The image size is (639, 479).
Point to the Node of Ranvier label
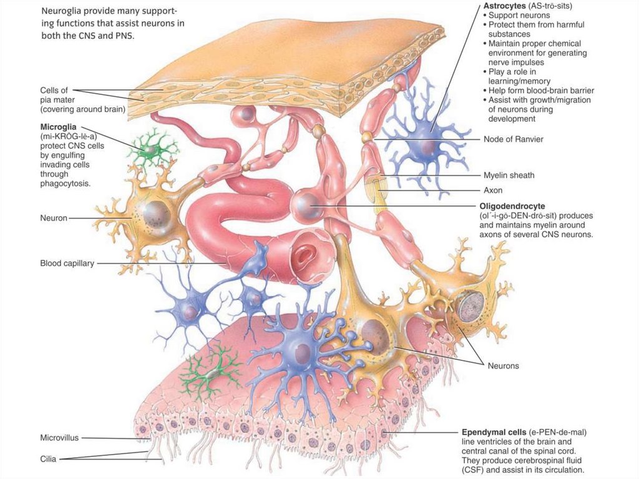pyautogui.click(x=513, y=139)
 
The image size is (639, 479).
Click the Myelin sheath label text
pyautogui.click(x=509, y=175)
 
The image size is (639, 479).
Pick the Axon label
pyautogui.click(x=493, y=190)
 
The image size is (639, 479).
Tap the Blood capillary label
pyautogui.click(x=67, y=264)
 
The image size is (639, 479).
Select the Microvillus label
pyautogui.click(x=59, y=438)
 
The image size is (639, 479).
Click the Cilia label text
pyautogui.click(x=48, y=459)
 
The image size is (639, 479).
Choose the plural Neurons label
pyautogui.click(x=503, y=365)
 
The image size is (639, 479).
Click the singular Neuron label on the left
pyautogui.click(x=53, y=219)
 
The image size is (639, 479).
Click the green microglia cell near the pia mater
pyautogui.click(x=152, y=147)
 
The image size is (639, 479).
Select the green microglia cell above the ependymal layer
pyautogui.click(x=211, y=372)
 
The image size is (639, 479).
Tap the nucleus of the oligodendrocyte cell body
pyautogui.click(x=305, y=203)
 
